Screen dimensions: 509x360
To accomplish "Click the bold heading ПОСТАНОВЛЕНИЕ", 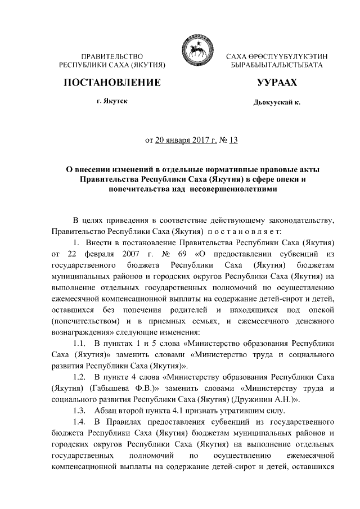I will [x=112, y=83].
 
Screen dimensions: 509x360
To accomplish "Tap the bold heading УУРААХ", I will [x=277, y=83].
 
